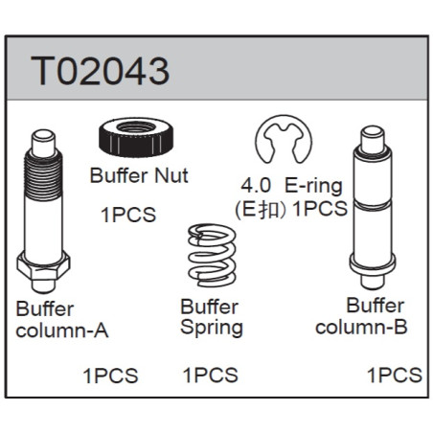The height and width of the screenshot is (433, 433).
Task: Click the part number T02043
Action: pyautogui.click(x=100, y=71)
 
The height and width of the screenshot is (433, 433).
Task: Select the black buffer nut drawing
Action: pyautogui.click(x=136, y=137)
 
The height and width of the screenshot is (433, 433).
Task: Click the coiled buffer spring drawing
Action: pyautogui.click(x=212, y=256)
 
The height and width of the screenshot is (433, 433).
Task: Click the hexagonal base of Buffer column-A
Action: pyautogui.click(x=43, y=265)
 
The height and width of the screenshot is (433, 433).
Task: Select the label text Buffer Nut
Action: pyautogui.click(x=139, y=175)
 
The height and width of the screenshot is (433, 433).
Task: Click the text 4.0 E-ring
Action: pyautogui.click(x=291, y=186)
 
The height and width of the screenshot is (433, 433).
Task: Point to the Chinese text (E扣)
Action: pyautogui.click(x=260, y=210)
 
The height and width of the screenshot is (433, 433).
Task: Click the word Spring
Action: pyautogui.click(x=212, y=328)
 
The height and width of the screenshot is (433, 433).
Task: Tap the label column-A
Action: pyautogui.click(x=62, y=330)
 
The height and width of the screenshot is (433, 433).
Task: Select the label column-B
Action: pyautogui.click(x=361, y=327)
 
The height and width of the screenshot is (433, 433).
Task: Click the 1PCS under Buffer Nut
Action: pyautogui.click(x=128, y=215)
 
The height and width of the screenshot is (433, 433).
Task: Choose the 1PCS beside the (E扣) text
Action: pyautogui.click(x=320, y=209)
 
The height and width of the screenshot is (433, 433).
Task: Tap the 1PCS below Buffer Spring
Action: pyautogui.click(x=211, y=376)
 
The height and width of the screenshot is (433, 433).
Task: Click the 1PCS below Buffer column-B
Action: pyautogui.click(x=395, y=375)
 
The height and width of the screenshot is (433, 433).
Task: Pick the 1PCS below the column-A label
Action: pyautogui.click(x=110, y=376)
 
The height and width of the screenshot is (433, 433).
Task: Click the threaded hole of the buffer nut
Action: pyautogui.click(x=136, y=127)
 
